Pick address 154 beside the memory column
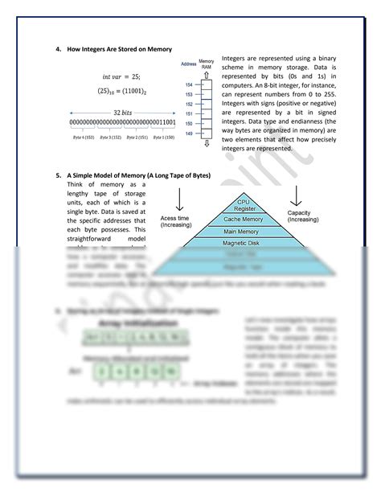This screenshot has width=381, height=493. coord(188,84)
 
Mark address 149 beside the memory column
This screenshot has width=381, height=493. coord(188,133)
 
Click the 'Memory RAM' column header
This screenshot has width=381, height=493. coord(206,63)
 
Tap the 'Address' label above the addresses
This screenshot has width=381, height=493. coord(189,63)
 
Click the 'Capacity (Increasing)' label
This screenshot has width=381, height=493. coord(302,216)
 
